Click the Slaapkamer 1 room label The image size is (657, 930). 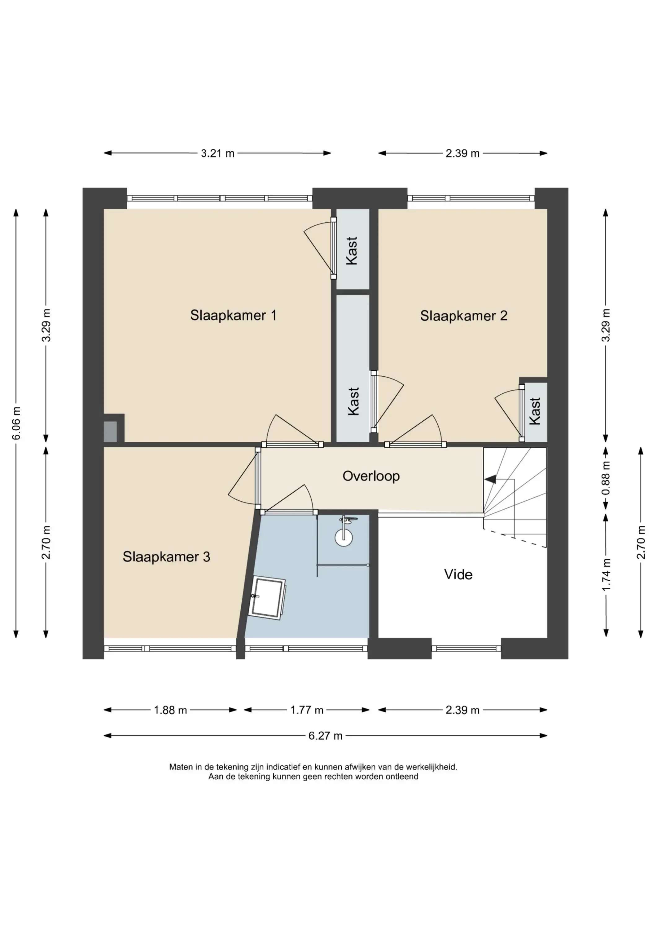(233, 315)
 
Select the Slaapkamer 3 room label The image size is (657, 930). (166, 557)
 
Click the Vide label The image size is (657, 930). (458, 574)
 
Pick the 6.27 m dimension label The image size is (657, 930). (326, 736)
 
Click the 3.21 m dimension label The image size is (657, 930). (218, 153)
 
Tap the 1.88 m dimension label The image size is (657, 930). (170, 710)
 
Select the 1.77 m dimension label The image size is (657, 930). (307, 710)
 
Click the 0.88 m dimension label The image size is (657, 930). (606, 478)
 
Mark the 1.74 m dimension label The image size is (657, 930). (606, 574)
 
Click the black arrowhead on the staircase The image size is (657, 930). (490, 479)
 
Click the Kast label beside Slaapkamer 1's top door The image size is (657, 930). (352, 251)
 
